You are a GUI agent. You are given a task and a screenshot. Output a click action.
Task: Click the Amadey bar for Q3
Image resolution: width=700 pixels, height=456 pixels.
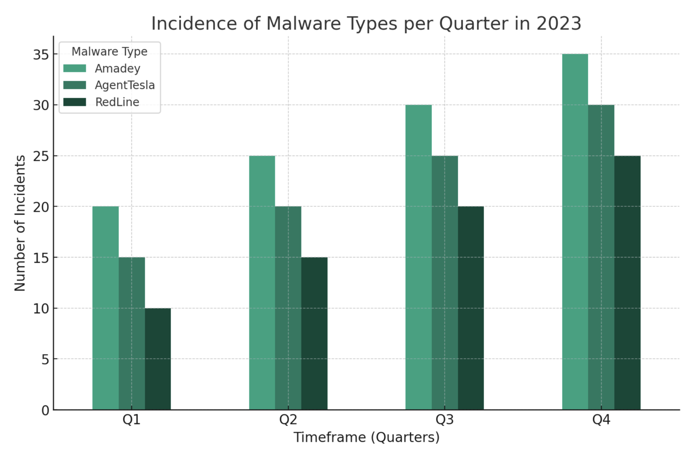pyautogui.click(x=419, y=257)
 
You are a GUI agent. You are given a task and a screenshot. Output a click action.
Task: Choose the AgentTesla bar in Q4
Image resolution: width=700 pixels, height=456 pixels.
pyautogui.click(x=601, y=257)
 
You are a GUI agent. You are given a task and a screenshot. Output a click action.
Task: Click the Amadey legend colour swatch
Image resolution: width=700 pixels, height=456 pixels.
pyautogui.click(x=75, y=68)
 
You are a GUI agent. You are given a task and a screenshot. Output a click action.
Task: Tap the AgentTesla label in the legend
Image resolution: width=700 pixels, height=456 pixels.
pyautogui.click(x=125, y=85)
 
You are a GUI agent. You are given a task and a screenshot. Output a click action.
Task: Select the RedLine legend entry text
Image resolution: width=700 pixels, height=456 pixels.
pyautogui.click(x=117, y=102)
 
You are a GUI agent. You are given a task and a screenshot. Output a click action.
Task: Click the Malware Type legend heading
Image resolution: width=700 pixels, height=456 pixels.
pyautogui.click(x=109, y=52)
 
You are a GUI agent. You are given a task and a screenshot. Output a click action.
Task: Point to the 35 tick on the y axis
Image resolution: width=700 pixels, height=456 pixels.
pyautogui.click(x=41, y=54)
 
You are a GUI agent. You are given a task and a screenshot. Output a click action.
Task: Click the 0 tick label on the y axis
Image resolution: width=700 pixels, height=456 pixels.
pyautogui.click(x=45, y=411)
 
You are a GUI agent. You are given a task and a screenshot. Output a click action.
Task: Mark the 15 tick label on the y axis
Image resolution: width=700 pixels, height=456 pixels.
pyautogui.click(x=41, y=258)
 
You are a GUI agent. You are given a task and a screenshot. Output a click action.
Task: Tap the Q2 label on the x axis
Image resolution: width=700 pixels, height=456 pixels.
pyautogui.click(x=288, y=420)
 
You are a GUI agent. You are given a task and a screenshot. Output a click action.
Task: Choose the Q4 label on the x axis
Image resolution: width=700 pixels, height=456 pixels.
pyautogui.click(x=601, y=420)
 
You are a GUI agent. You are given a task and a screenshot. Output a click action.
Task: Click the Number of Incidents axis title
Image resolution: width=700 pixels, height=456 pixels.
pyautogui.click(x=20, y=223)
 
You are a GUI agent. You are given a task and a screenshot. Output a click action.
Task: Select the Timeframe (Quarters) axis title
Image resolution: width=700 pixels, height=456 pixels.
pyautogui.click(x=367, y=437)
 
